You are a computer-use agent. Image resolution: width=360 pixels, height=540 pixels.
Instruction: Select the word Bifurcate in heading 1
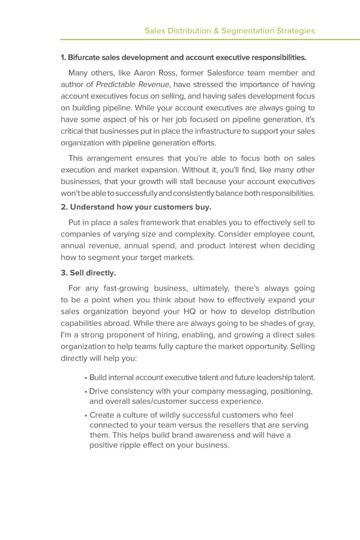pos(85,58)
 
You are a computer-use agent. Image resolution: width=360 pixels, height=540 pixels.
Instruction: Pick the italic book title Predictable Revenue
pos(133,85)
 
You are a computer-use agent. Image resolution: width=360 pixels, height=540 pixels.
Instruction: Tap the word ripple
pos(137,446)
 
